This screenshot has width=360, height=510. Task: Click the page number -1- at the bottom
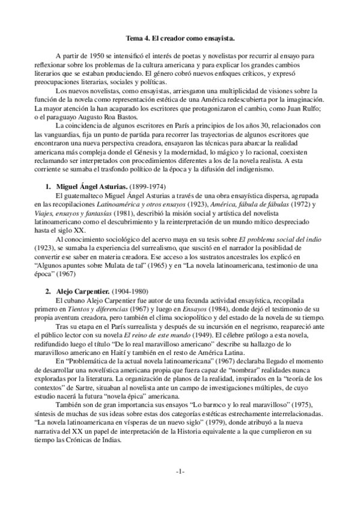click(180, 472)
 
